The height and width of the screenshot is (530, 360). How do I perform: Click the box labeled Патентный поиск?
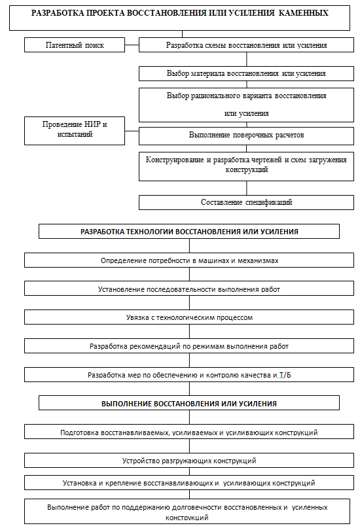point(75,44)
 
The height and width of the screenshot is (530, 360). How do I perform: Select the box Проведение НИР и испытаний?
point(75,131)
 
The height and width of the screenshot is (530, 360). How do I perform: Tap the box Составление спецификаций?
point(246,202)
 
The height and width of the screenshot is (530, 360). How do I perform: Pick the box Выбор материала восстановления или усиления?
point(246,73)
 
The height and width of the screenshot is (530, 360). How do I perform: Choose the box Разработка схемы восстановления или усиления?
point(246,44)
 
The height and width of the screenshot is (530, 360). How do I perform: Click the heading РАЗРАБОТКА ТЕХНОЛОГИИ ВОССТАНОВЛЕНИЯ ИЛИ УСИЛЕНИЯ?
point(189,231)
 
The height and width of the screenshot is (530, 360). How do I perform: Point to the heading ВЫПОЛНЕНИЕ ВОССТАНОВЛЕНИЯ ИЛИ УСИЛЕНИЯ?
point(189,403)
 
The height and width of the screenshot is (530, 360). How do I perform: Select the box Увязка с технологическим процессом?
point(189,317)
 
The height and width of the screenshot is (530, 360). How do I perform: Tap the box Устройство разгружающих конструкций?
point(189,461)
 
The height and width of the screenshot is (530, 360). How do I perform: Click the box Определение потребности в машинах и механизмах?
point(189,260)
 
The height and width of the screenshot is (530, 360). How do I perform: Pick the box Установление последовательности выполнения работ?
point(189,289)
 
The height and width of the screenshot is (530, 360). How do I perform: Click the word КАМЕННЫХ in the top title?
point(303,13)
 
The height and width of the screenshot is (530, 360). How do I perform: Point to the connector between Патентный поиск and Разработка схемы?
point(132,45)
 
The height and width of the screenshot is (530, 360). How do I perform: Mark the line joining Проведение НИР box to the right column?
point(132,131)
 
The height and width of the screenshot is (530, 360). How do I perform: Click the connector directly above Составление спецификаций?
point(246,188)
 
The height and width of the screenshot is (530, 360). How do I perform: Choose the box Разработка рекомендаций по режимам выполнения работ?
point(189,345)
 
